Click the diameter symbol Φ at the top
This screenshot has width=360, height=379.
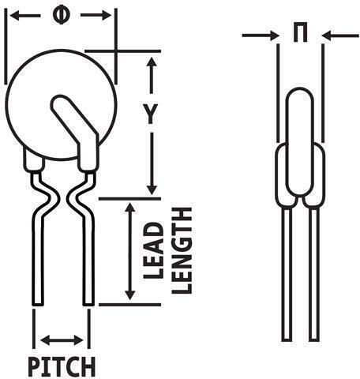tap(61, 16)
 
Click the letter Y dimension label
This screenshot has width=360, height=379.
tap(151, 114)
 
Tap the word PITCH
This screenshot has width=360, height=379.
tap(62, 366)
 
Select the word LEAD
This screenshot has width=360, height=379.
tap(153, 250)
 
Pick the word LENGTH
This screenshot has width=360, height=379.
tap(182, 250)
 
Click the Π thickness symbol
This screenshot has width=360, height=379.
tap(300, 32)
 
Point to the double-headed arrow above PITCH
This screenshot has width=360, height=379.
tap(62, 340)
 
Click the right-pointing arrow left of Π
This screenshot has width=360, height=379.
tap(261, 36)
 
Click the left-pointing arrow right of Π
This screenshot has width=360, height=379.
tap(340, 36)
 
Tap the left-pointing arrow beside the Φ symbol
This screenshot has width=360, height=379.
tap(25, 16)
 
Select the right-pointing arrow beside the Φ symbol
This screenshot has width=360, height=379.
tap(96, 15)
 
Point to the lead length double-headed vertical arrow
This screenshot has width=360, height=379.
tap(129, 251)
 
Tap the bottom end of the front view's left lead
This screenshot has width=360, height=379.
tap(38, 305)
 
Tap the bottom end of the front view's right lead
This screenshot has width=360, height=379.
tap(88, 305)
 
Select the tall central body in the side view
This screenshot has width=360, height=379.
tap(300, 141)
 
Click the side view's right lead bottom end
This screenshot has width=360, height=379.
tap(314, 340)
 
